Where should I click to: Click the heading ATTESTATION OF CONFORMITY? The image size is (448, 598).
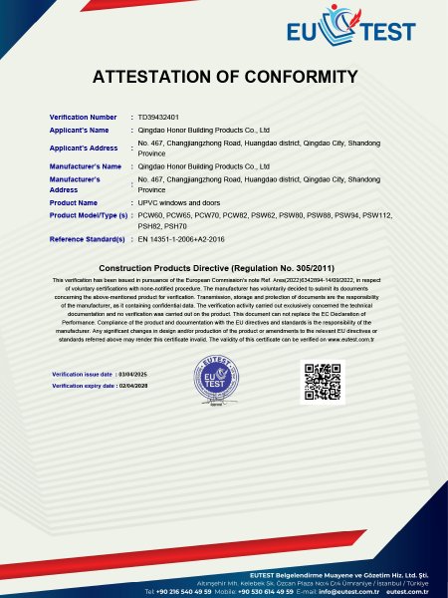click(224, 77)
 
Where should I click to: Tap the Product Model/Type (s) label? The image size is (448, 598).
click(89, 214)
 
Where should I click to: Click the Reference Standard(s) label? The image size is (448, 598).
click(89, 240)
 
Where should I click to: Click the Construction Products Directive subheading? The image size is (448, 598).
click(224, 268)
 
